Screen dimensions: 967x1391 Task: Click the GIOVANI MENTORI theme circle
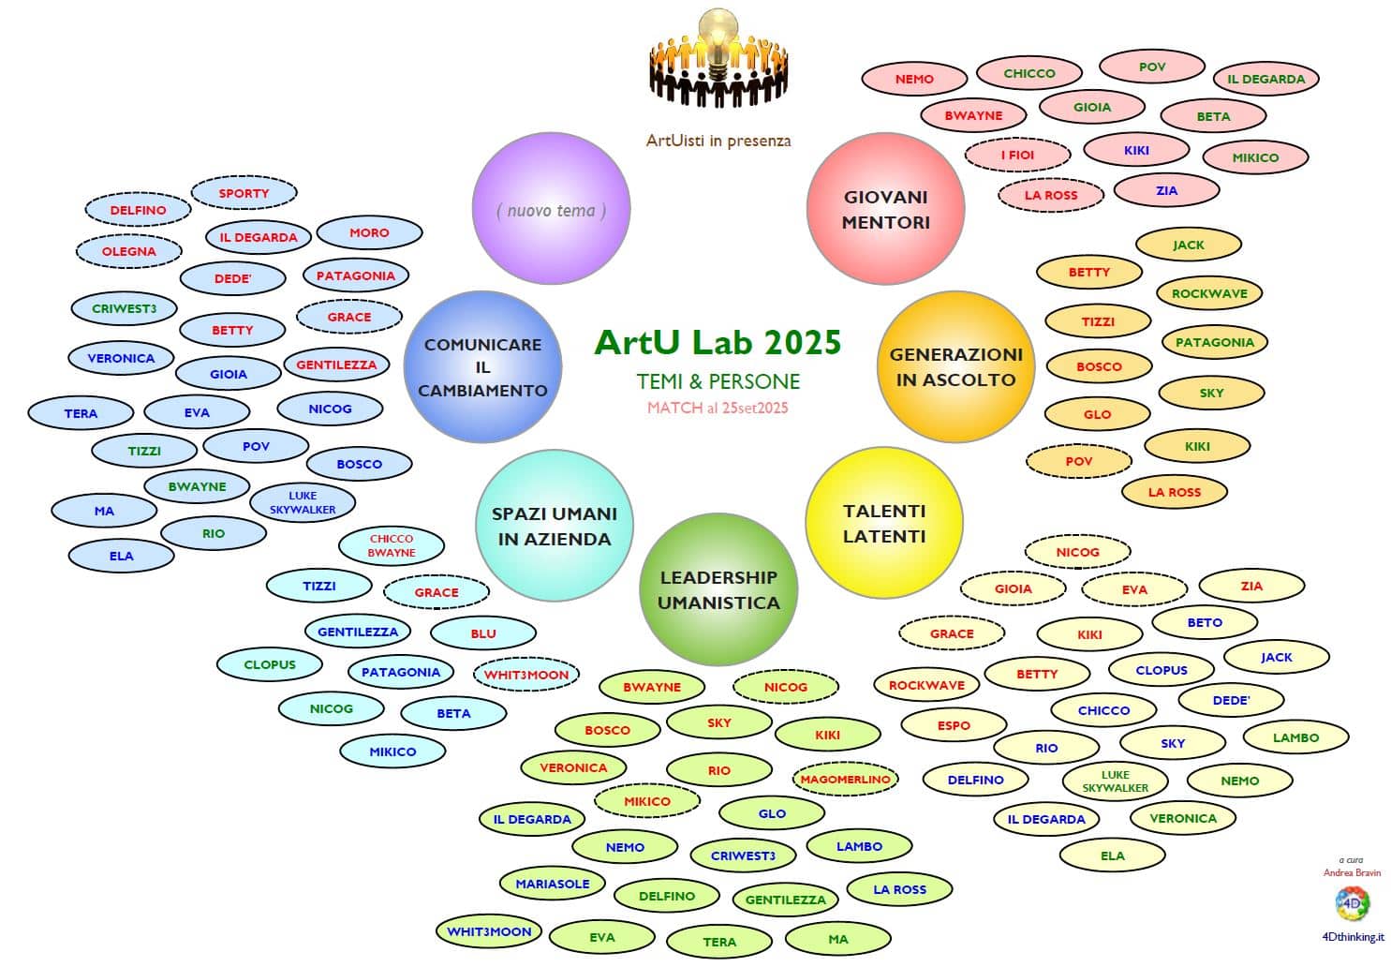pos(885,209)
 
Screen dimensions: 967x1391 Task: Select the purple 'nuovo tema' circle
pos(551,210)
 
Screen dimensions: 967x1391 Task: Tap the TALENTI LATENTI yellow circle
pos(884,523)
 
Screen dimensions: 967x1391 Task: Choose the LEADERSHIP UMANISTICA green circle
pos(718,589)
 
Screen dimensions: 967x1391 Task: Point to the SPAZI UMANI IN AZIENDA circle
pos(555,526)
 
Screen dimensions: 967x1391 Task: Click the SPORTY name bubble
pos(244,194)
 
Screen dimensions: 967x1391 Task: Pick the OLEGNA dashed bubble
pos(128,251)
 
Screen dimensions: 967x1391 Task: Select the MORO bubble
pos(369,232)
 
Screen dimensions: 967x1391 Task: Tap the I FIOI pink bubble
pos(1017,155)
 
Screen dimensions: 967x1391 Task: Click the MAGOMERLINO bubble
pos(844,779)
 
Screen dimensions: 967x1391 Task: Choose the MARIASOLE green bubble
pos(553,884)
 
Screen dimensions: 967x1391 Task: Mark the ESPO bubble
pos(954,725)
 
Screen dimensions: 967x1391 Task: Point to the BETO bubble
pos(1204,622)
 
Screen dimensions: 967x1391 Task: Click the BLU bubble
pos(483,633)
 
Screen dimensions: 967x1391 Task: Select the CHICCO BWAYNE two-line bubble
pos(392,545)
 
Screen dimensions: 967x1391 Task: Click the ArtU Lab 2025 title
pos(718,343)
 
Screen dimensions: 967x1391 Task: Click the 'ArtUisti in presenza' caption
pos(718,141)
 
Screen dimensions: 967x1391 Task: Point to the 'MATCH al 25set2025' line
pos(718,408)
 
